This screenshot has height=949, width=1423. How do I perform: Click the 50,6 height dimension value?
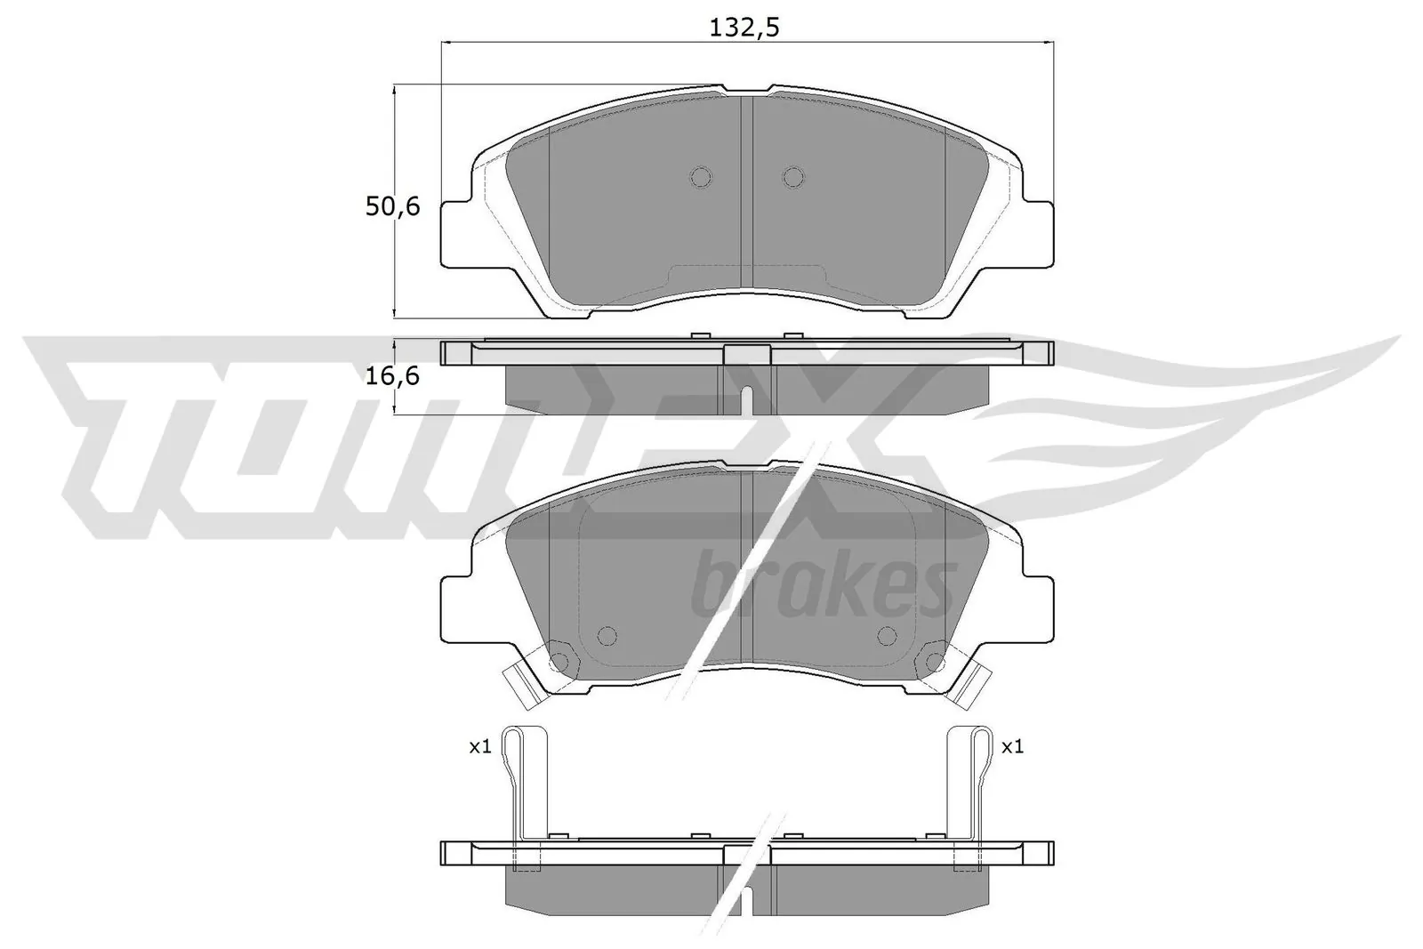tap(391, 207)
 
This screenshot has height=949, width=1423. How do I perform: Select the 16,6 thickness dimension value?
tap(391, 376)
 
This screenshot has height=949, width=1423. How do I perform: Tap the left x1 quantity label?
tap(480, 747)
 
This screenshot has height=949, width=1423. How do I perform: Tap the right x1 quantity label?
tap(1012, 747)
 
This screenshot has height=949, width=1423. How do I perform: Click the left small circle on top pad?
tap(701, 177)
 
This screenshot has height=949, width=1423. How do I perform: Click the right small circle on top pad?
tap(792, 177)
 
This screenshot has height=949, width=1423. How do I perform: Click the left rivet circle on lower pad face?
tap(607, 635)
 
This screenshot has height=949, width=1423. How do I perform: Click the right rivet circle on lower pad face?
tap(887, 635)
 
